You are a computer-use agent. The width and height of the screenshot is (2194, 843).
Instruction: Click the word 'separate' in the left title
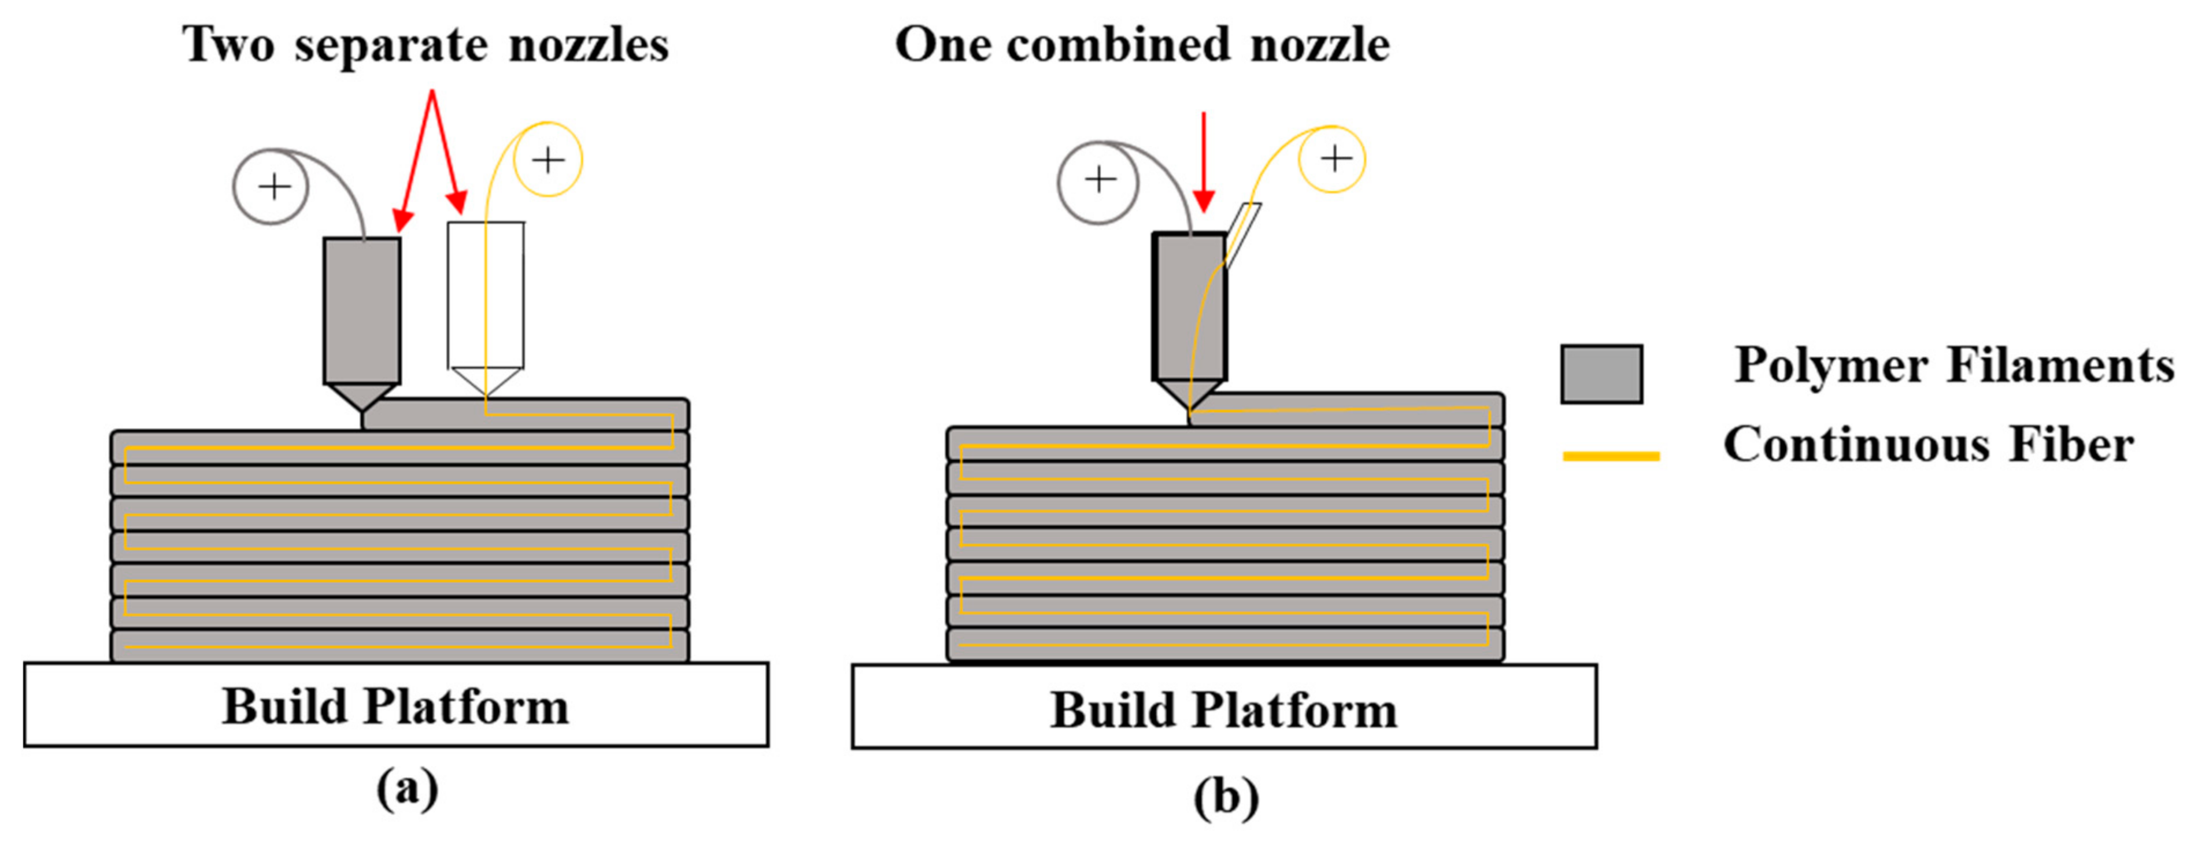pyautogui.click(x=391, y=46)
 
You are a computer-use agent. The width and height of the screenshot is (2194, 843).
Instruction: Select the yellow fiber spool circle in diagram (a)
pyautogui.click(x=547, y=159)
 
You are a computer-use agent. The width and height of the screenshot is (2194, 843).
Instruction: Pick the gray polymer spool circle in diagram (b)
pyautogui.click(x=1098, y=180)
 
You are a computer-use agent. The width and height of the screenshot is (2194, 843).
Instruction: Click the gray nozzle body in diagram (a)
pyautogui.click(x=362, y=311)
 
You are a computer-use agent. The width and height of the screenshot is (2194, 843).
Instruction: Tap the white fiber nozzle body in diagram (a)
pyautogui.click(x=486, y=294)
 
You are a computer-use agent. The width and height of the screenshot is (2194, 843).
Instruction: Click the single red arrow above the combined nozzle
pyautogui.click(x=1204, y=162)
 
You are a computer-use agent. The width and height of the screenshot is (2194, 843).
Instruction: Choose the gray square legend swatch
pyautogui.click(x=1601, y=374)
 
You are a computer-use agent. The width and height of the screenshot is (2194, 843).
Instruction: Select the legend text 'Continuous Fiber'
pyautogui.click(x=1928, y=445)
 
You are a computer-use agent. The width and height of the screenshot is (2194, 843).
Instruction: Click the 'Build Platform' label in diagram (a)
pyautogui.click(x=395, y=706)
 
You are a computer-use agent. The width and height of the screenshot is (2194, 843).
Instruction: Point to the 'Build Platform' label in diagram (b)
pyautogui.click(x=1223, y=709)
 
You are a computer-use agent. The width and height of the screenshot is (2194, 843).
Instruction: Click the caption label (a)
pyautogui.click(x=407, y=789)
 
